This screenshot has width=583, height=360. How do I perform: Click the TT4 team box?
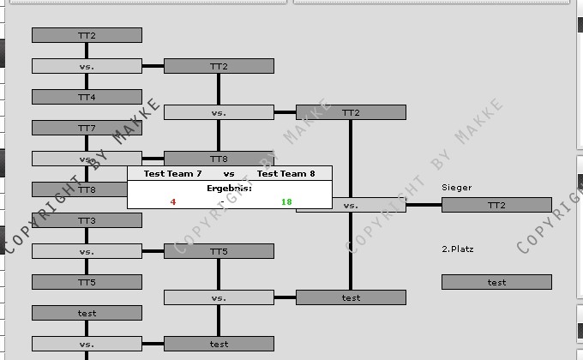point(87,97)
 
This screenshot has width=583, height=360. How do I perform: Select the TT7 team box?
point(87,128)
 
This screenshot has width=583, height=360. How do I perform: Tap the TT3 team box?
point(87,220)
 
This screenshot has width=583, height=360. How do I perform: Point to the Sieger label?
point(457,187)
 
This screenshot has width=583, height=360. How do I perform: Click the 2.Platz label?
point(458,249)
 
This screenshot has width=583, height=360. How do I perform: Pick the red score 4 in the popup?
point(173,202)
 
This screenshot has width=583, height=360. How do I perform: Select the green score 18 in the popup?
point(286,202)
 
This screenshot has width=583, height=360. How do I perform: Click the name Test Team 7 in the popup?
point(172,173)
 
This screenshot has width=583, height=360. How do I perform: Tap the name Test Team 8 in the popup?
point(286,173)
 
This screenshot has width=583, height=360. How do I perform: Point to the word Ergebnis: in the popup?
point(229,188)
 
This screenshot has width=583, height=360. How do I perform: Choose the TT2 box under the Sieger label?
point(496,205)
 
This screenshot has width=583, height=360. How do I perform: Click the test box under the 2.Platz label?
point(496,282)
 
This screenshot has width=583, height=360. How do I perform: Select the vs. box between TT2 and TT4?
point(87,66)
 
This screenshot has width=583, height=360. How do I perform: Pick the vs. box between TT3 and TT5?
point(87,251)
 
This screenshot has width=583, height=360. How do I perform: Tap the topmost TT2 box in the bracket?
point(87,35)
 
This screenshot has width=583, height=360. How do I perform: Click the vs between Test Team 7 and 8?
point(229,173)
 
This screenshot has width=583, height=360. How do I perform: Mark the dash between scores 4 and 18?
point(222,202)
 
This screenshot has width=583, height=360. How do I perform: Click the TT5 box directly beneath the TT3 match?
point(87,282)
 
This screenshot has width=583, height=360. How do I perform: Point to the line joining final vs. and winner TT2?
point(424,205)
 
